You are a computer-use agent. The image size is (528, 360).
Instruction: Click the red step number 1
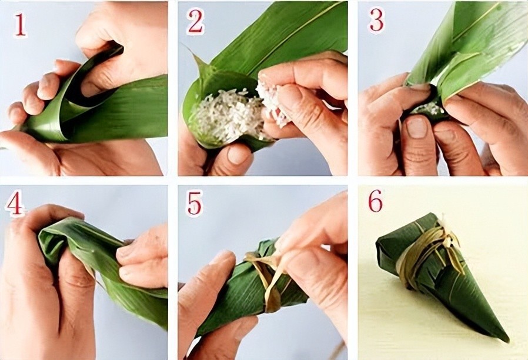pos(19,25)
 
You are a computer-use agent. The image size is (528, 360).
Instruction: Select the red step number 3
pos(376,19)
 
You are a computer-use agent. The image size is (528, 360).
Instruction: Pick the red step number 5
pos(194,203)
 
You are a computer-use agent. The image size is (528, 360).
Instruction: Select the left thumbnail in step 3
pos(416,127)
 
